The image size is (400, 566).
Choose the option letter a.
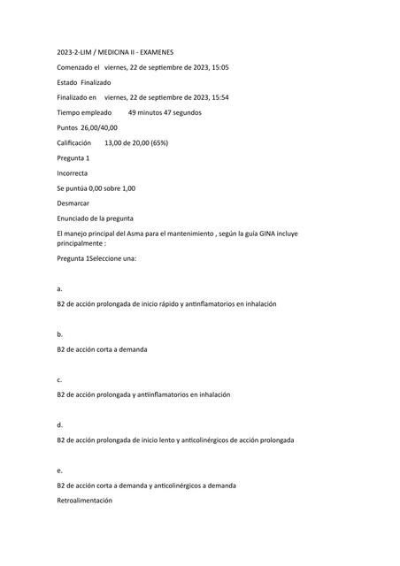pyautogui.click(x=58, y=288)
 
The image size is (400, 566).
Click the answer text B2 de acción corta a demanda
pyautogui.click(x=102, y=349)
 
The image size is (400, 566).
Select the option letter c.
pyautogui.click(x=58, y=379)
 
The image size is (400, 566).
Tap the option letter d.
pyautogui.click(x=58, y=424)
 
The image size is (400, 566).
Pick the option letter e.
pyautogui.click(x=58, y=470)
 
